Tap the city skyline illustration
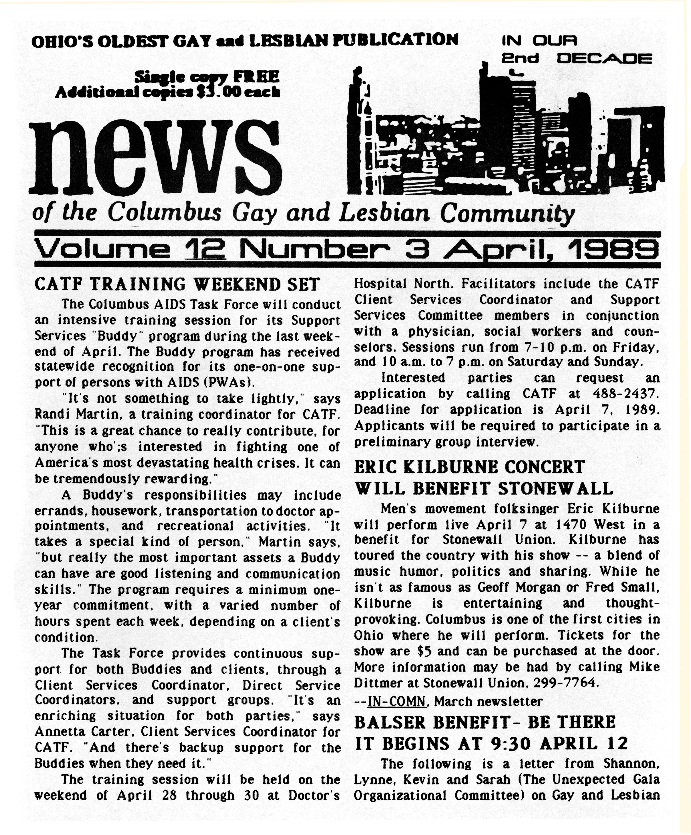[x=505, y=135]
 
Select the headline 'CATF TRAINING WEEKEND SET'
[x=177, y=284]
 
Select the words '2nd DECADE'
[x=576, y=59]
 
